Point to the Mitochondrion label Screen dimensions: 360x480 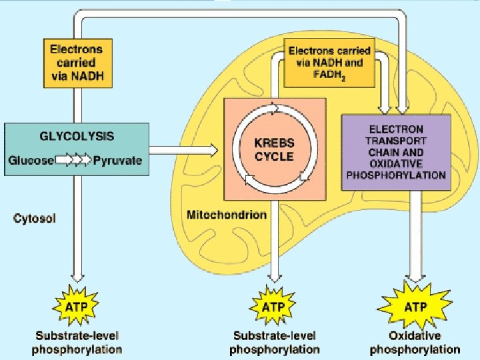click(x=225, y=215)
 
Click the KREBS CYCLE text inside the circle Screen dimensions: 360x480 click(x=274, y=151)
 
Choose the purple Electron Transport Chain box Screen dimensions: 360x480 click(x=396, y=152)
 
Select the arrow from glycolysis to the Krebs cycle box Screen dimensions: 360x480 click(x=184, y=151)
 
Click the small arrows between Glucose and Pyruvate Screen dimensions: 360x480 click(x=73, y=161)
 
